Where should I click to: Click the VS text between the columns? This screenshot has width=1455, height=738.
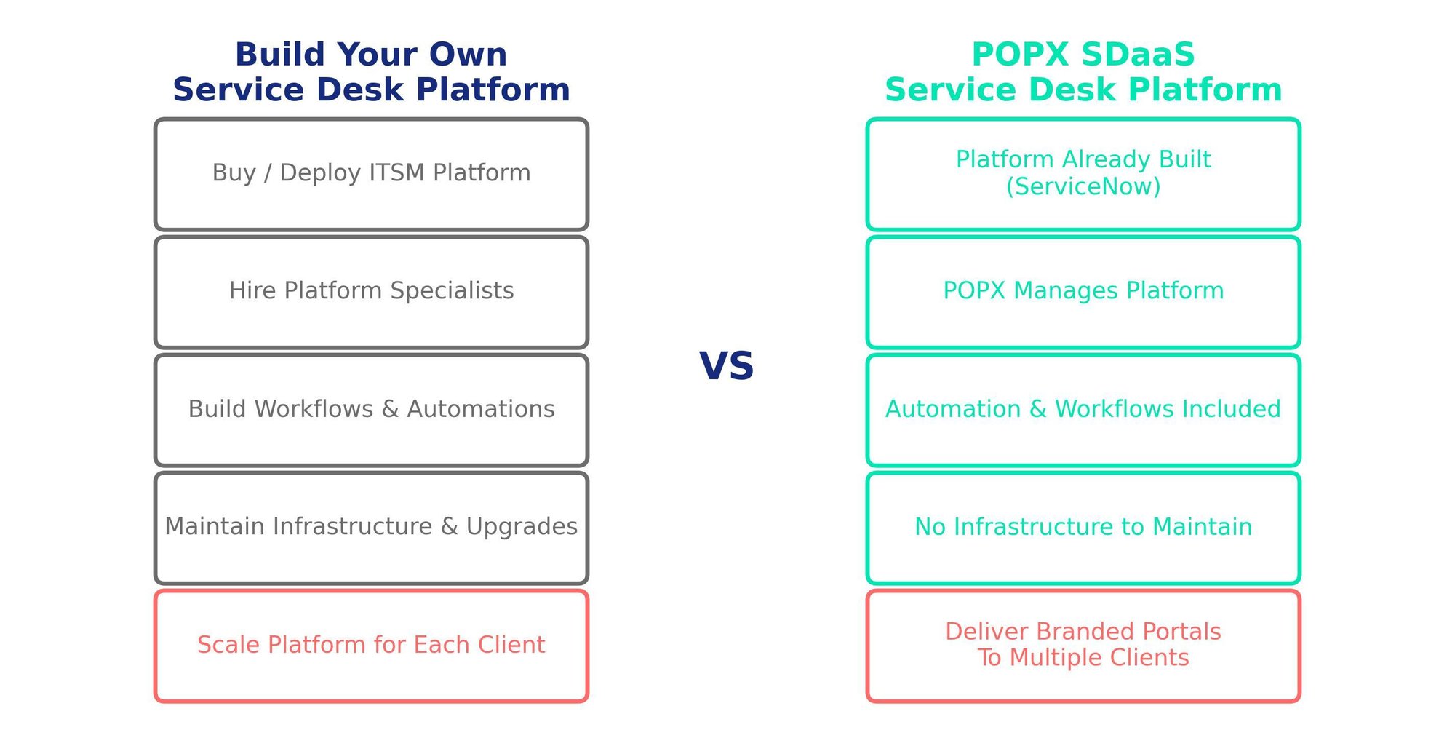click(726, 366)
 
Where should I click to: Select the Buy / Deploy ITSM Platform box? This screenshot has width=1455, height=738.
click(371, 175)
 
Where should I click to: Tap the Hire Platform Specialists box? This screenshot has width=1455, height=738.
click(371, 292)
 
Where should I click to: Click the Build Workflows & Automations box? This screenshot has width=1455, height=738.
click(371, 410)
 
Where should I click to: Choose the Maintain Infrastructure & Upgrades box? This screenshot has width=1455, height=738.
click(371, 528)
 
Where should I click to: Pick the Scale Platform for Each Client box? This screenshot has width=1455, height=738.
click(371, 646)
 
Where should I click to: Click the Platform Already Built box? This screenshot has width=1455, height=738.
click(1083, 175)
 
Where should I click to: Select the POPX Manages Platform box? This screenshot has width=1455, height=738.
click(1083, 292)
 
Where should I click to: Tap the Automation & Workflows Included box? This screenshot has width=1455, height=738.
click(1083, 410)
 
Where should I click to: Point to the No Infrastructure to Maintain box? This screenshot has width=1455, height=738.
click(1083, 528)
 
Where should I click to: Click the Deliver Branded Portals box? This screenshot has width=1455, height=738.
click(1083, 646)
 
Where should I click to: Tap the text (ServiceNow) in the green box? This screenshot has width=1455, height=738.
click(1083, 187)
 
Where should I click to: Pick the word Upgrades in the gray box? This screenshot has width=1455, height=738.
click(522, 527)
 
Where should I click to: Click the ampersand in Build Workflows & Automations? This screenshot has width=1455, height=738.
click(390, 409)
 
